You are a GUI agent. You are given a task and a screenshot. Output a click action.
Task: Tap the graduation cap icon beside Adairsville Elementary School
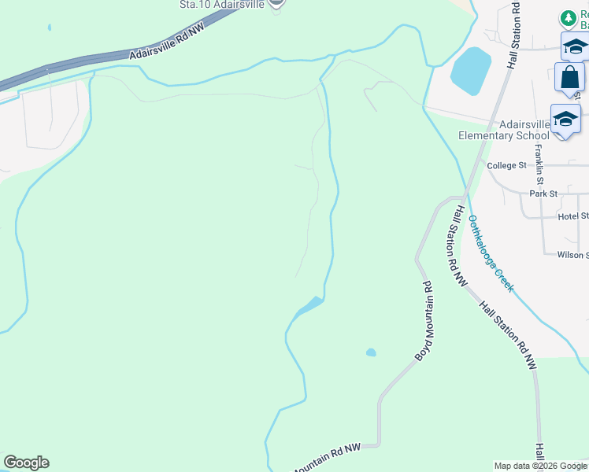(565, 119)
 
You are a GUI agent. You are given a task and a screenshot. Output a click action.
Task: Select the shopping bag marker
(569, 79)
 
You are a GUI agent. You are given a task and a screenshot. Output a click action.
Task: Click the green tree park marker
(567, 17)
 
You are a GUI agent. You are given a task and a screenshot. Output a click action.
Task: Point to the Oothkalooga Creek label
(491, 253)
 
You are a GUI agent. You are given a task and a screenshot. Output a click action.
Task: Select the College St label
(506, 166)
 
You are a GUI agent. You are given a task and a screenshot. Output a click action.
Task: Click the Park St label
(543, 194)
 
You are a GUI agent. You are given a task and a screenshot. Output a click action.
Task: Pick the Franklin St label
(539, 160)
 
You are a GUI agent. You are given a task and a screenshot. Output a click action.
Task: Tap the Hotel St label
(573, 216)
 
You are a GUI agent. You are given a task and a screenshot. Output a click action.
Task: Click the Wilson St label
(572, 255)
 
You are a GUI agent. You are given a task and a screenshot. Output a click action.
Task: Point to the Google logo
(26, 463)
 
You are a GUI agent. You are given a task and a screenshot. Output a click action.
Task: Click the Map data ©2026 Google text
(539, 466)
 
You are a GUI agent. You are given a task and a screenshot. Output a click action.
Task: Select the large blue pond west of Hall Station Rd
(471, 70)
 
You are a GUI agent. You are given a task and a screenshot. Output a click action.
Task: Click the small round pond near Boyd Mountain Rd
(371, 352)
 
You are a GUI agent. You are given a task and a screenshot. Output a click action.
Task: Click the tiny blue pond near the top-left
(49, 28)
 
